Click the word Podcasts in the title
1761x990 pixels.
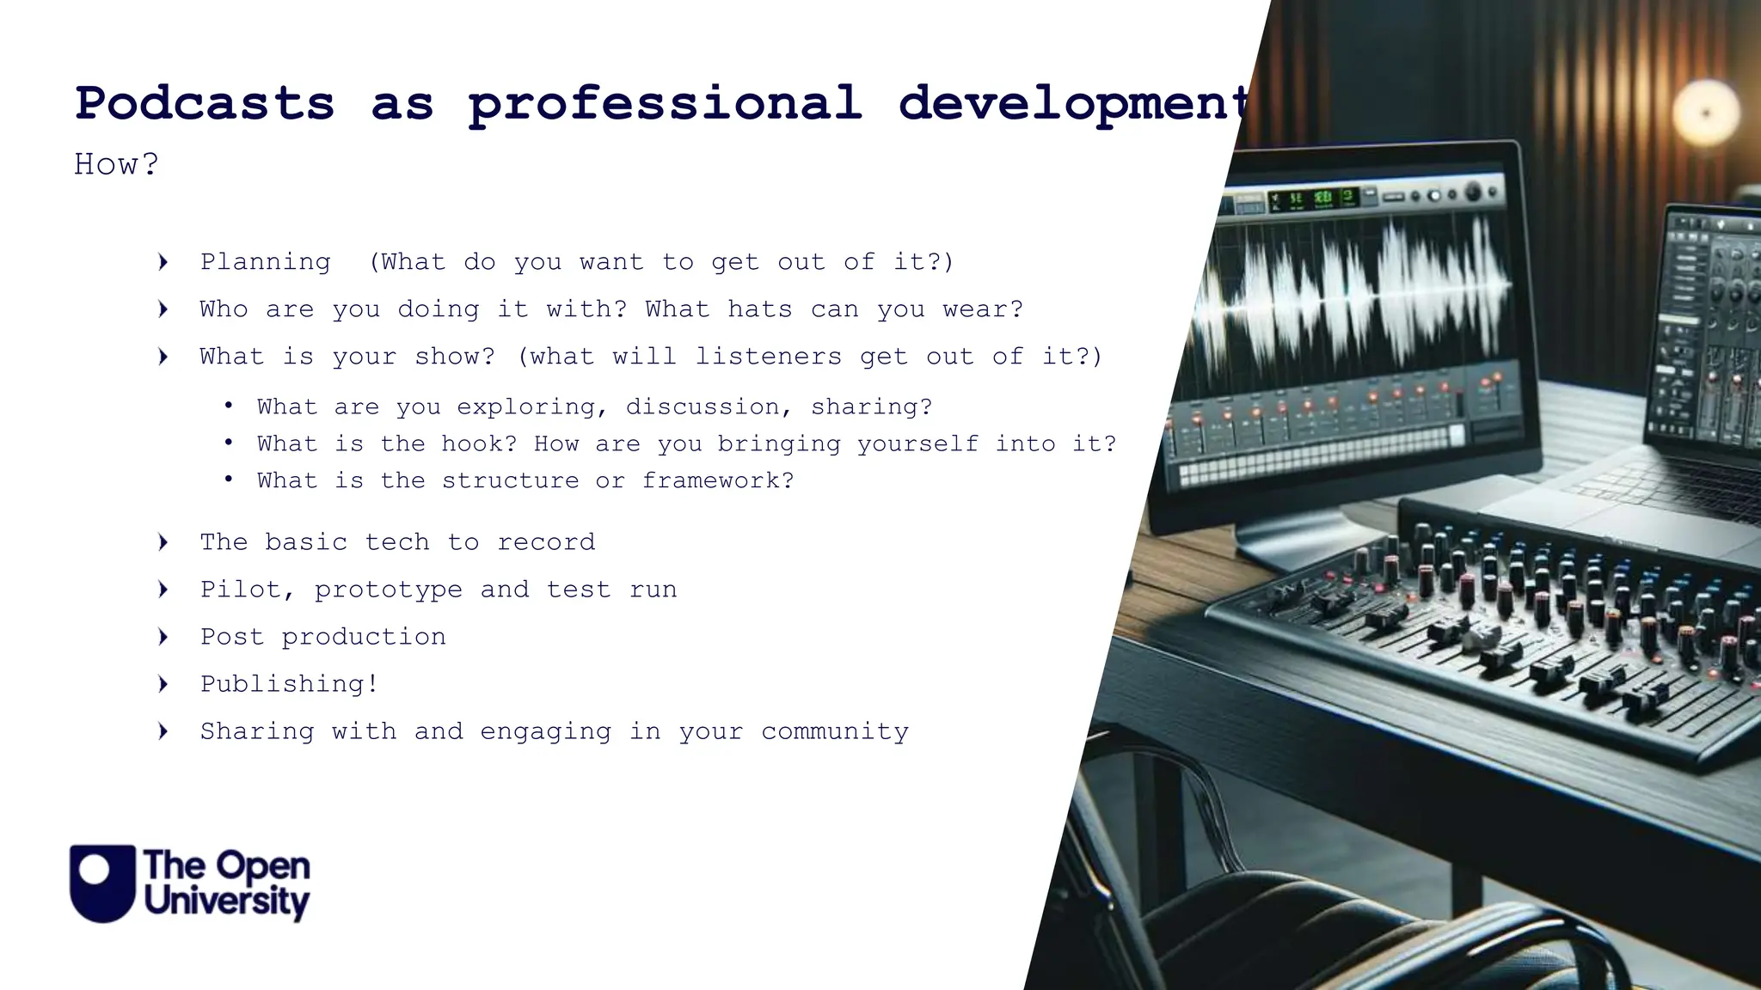pos(205,105)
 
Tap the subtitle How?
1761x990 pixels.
pos(116,164)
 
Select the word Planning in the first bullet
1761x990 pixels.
pos(265,262)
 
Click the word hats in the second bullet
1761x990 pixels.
pos(759,309)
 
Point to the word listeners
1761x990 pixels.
pos(768,357)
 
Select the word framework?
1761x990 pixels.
pos(718,481)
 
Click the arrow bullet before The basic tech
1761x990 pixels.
pos(163,542)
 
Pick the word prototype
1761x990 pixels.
pos(388,590)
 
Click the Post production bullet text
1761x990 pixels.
pos(322,637)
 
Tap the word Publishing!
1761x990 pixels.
pos(289,684)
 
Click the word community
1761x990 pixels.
pos(834,731)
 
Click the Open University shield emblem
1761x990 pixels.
pos(102,883)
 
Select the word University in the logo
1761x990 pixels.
pos(227,903)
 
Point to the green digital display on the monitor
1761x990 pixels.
pos(1313,199)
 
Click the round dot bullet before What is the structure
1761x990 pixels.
pos(228,480)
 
